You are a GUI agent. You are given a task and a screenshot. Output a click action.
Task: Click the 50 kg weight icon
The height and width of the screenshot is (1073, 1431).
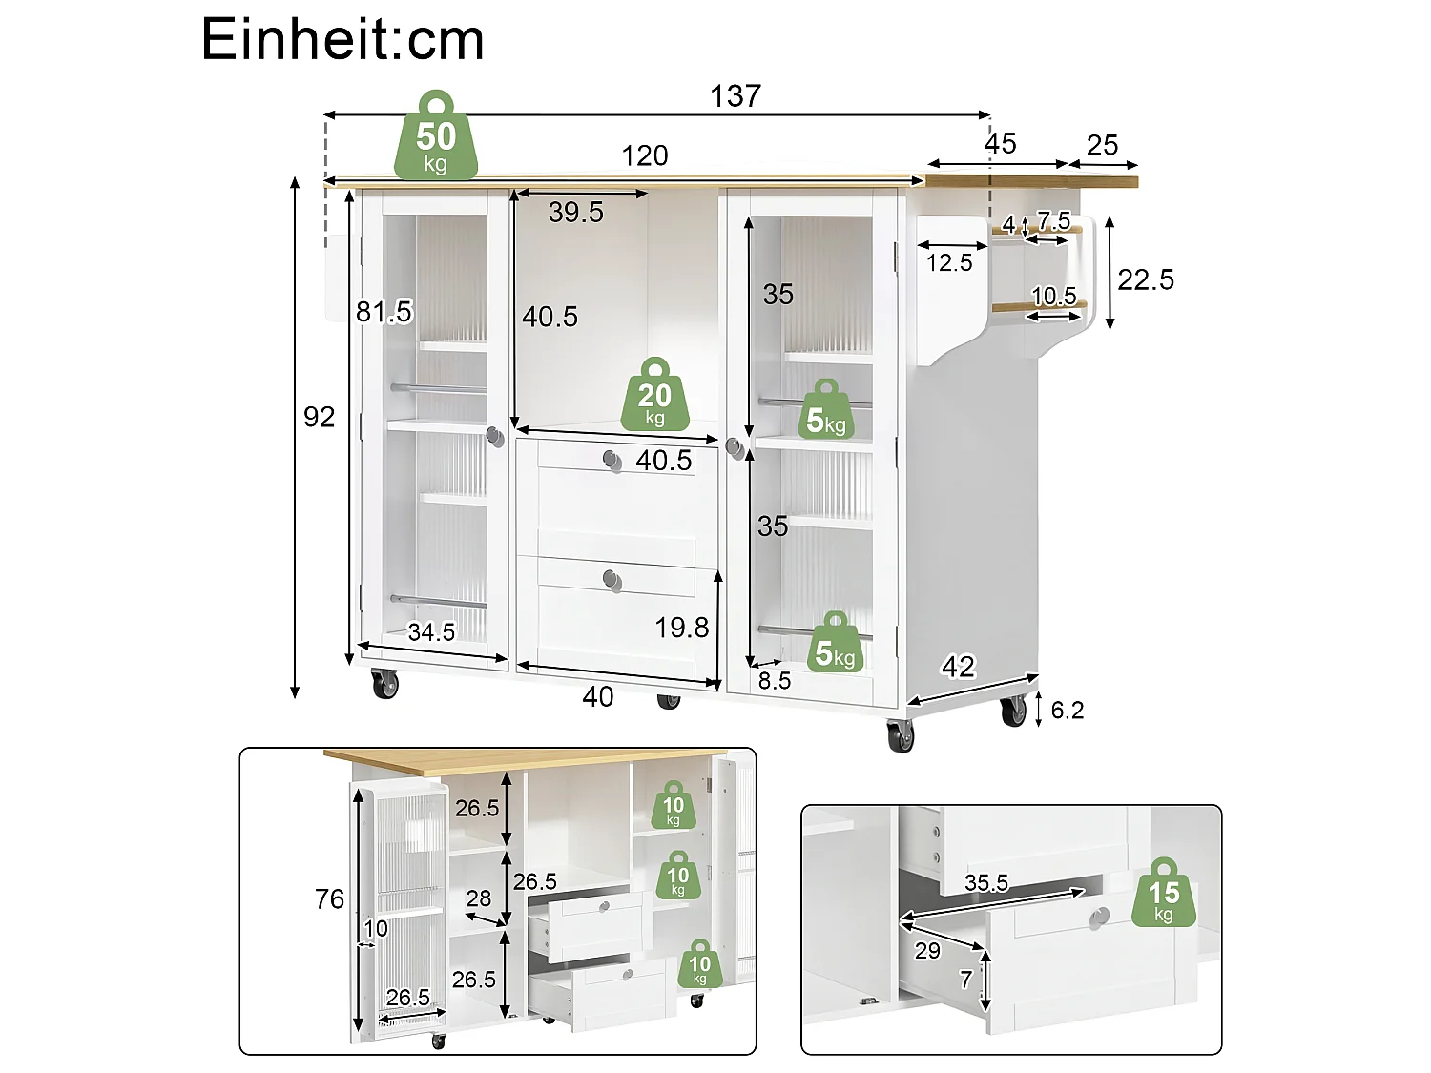435,135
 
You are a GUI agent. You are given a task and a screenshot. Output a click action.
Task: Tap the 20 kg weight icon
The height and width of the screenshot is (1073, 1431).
654,394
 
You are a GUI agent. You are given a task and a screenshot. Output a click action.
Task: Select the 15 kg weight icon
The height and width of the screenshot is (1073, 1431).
1164,892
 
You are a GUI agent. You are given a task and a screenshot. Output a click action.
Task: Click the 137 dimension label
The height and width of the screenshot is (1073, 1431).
735,95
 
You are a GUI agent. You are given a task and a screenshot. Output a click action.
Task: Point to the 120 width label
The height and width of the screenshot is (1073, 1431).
644,155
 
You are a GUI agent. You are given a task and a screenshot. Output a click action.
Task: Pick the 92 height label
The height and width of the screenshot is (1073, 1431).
319,417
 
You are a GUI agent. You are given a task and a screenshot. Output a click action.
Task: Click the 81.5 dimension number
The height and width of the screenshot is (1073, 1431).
384,312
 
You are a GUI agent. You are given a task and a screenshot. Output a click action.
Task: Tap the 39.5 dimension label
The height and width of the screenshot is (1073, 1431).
575,213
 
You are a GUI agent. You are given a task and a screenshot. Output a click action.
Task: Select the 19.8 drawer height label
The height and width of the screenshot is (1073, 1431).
681,628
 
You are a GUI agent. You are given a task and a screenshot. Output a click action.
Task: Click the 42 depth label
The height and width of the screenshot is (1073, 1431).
958,667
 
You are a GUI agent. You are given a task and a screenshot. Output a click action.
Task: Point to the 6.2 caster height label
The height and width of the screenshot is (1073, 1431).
1068,711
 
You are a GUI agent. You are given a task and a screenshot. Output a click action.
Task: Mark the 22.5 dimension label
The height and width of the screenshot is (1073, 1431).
1146,279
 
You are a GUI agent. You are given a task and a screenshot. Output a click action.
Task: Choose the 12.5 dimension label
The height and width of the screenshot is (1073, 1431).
948,263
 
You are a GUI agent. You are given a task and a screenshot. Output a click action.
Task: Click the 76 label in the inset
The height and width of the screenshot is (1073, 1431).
329,899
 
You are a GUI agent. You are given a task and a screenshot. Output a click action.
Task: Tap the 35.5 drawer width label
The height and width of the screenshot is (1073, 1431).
986,883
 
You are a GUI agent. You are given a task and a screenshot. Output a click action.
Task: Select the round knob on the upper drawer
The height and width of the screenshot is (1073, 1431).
612,460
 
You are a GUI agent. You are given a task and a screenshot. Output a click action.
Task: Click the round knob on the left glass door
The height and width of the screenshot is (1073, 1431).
495,437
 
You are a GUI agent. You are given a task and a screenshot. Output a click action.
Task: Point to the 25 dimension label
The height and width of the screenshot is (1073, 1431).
1102,145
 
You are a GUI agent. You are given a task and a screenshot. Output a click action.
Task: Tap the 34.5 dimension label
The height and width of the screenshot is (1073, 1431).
431,632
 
